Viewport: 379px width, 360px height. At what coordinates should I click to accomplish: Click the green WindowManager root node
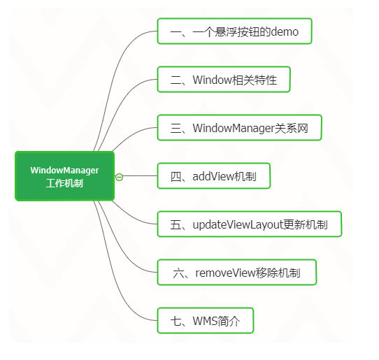(64, 176)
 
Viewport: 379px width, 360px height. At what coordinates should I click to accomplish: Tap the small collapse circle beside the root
(119, 177)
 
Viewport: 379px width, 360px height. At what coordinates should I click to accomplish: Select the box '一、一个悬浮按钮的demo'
(234, 31)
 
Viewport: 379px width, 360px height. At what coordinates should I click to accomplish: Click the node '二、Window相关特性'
(224, 80)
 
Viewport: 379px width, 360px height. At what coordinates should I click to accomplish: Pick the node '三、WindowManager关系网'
(239, 128)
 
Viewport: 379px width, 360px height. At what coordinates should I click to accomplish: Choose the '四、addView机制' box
(213, 176)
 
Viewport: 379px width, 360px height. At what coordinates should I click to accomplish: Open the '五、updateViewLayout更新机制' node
(249, 224)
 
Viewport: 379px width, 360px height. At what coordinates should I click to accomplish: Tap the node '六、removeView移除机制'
(237, 273)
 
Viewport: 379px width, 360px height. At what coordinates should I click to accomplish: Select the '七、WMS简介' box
(205, 321)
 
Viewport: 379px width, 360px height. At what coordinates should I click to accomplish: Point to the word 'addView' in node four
(211, 176)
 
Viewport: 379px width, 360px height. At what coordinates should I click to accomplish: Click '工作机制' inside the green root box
(64, 184)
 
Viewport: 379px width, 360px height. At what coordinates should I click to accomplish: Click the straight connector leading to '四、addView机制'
(140, 176)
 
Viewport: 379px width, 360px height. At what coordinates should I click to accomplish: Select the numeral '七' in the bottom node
(176, 321)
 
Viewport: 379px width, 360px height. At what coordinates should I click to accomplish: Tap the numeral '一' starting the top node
(176, 31)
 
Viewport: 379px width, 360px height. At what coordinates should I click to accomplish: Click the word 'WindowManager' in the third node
(234, 128)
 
